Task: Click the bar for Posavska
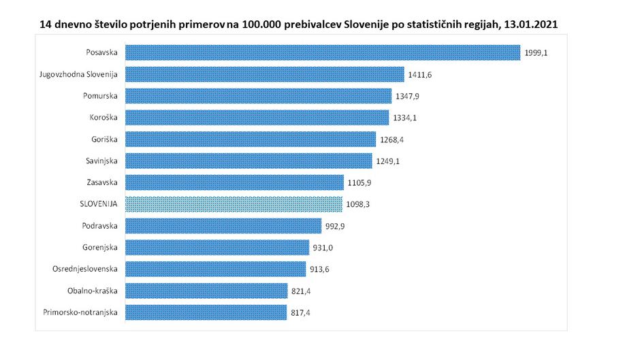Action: (x=323, y=52)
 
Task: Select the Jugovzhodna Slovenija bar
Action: (x=265, y=74)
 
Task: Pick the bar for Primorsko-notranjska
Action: (x=207, y=312)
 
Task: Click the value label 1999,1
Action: (x=536, y=52)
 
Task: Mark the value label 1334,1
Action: (x=405, y=118)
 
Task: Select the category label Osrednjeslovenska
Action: (x=85, y=269)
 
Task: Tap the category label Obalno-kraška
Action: (x=93, y=291)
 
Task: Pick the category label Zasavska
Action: (x=102, y=182)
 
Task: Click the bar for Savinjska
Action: (x=249, y=161)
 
